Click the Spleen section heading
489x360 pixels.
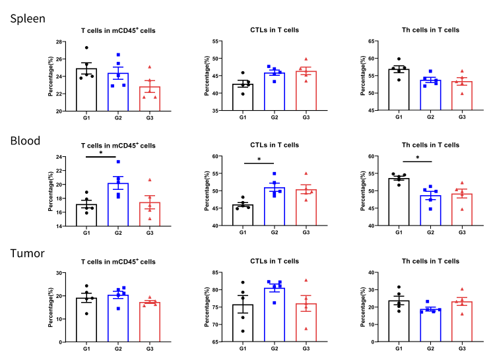(28, 18)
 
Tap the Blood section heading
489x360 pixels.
(25, 140)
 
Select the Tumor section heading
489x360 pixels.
(28, 253)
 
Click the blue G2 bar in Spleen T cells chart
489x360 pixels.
(118, 92)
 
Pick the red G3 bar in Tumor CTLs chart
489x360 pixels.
(306, 322)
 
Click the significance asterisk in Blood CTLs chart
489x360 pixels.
(259, 160)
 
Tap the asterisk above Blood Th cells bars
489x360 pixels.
(418, 158)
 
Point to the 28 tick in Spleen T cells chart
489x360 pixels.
(59, 42)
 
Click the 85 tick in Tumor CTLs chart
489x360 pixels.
(215, 273)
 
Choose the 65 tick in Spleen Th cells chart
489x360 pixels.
(371, 41)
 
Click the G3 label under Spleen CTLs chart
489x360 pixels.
(306, 117)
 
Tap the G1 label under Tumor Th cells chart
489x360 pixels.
(399, 349)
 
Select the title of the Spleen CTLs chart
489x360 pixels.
(275, 30)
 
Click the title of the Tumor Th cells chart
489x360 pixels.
(430, 261)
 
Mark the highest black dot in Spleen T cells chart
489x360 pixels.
(86, 47)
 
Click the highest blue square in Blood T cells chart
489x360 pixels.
(118, 162)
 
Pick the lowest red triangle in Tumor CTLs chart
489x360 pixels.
(306, 328)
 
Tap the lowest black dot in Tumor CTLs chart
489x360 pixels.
(243, 331)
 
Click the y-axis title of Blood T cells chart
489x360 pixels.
(50, 191)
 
